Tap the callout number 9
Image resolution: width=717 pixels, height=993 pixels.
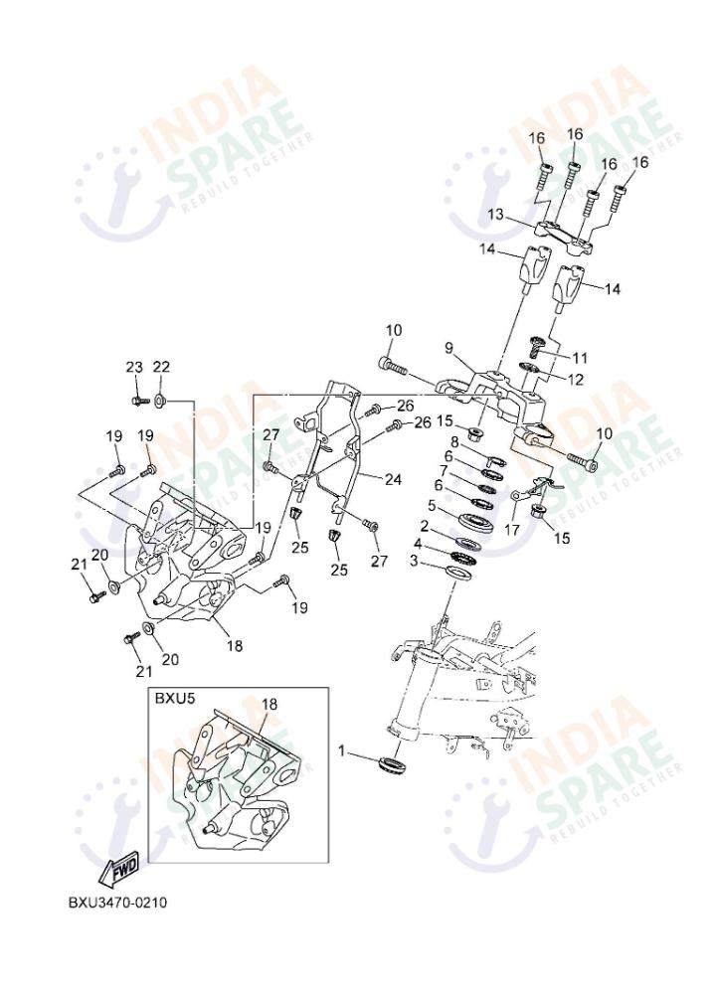(448, 348)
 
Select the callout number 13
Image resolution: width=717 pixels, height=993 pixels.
(495, 215)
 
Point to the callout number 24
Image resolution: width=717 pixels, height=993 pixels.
(393, 479)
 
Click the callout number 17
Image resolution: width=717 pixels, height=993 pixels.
(512, 530)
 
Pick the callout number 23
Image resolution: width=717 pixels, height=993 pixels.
(135, 367)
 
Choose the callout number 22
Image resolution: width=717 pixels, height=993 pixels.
(161, 367)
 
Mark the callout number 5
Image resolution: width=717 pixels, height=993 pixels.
(432, 506)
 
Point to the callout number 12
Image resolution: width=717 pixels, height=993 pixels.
(576, 379)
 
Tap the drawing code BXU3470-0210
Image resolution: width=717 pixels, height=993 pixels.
(117, 903)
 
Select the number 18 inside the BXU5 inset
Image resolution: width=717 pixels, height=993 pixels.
(269, 704)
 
